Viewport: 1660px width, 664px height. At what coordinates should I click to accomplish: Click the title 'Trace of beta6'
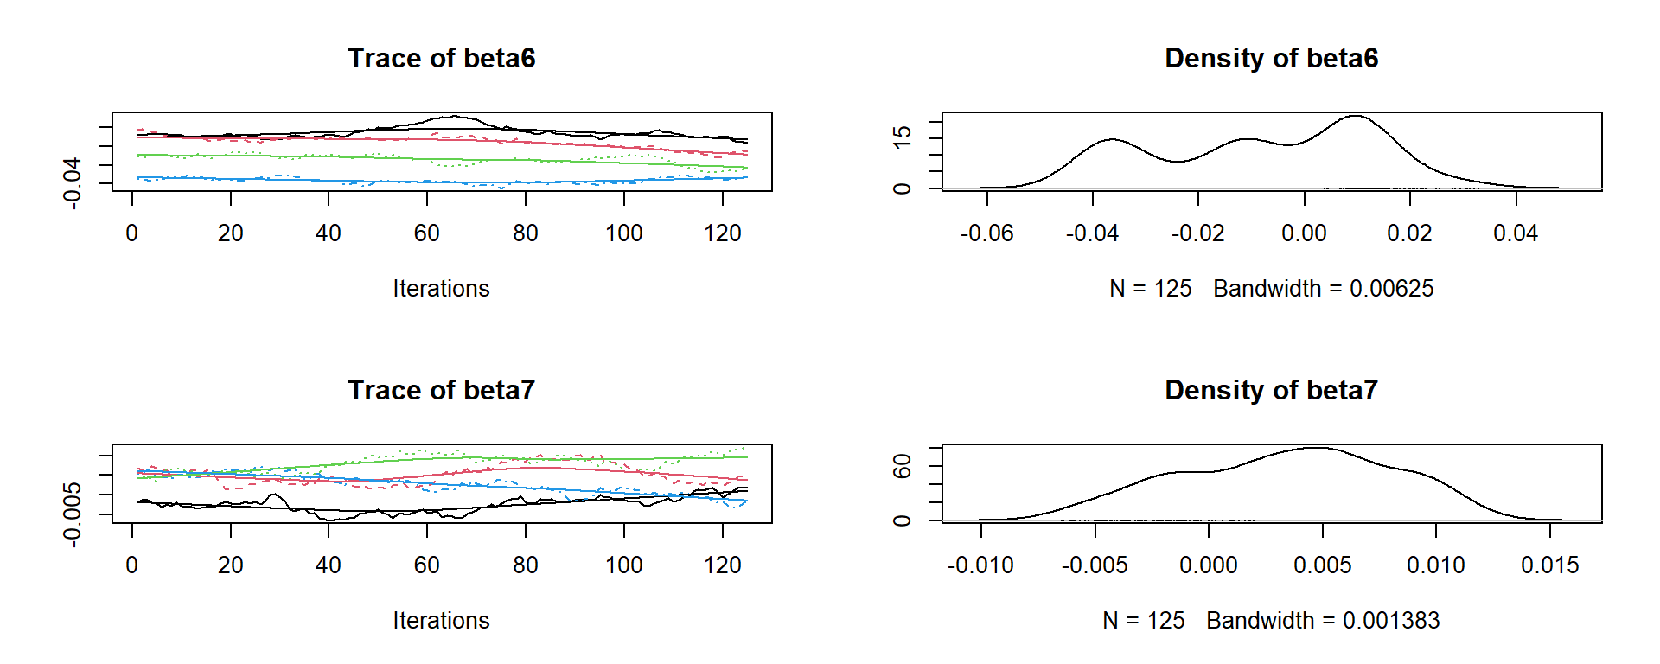(441, 58)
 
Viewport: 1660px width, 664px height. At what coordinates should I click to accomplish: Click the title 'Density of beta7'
(1271, 390)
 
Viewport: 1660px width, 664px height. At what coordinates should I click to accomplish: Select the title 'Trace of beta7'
(441, 390)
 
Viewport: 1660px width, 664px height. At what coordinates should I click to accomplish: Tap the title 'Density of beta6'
(1271, 58)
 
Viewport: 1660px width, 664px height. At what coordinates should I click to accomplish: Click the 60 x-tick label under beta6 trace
(426, 233)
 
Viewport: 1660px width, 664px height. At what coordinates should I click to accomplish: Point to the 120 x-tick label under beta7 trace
(722, 565)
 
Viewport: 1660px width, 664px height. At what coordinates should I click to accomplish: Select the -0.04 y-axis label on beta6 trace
(72, 182)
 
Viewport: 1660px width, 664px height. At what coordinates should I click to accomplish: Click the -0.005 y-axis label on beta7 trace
(72, 514)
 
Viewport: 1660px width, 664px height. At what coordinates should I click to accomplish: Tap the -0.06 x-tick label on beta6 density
(986, 233)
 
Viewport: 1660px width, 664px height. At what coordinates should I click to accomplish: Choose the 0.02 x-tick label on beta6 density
(1409, 233)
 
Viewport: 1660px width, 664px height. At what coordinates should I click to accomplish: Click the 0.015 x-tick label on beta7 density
(1549, 565)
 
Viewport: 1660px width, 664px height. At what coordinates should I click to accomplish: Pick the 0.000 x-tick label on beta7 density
(1208, 565)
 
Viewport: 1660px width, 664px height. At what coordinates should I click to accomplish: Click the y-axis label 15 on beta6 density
(902, 136)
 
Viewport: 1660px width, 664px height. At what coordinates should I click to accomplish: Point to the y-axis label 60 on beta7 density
(902, 468)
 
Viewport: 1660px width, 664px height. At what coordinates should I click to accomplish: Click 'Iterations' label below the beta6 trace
(441, 289)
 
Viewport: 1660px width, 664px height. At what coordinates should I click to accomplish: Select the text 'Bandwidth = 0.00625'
(1323, 289)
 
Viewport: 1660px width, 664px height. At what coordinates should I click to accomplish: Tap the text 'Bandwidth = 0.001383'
(1323, 621)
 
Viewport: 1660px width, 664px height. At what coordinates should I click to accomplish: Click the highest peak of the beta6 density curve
(1355, 116)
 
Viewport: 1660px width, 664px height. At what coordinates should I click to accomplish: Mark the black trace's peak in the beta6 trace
(454, 116)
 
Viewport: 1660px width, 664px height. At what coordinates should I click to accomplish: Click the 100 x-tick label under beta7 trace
(623, 565)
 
